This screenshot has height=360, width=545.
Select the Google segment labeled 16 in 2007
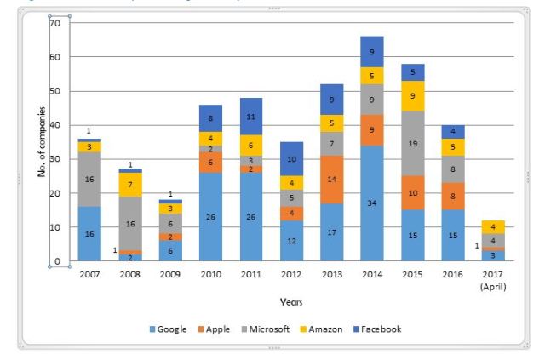pos(89,233)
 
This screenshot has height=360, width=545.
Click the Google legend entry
pos(177,329)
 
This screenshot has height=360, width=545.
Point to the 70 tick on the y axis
pos(54,23)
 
